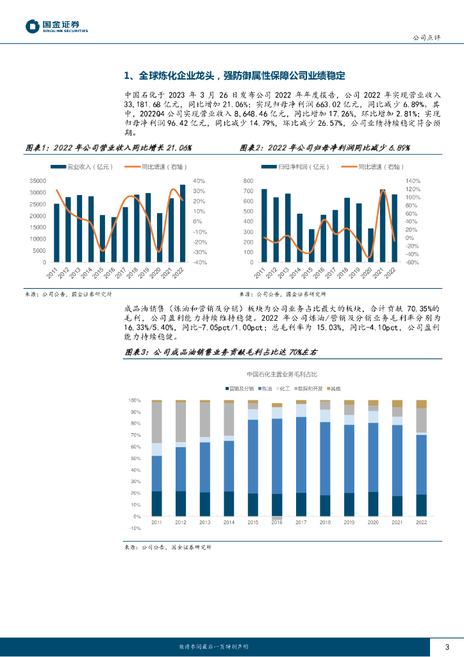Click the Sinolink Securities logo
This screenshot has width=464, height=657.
click(x=56, y=26)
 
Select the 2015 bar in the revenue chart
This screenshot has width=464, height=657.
click(x=102, y=239)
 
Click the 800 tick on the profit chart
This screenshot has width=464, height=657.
click(x=250, y=181)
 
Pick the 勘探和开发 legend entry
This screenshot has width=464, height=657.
click(x=310, y=389)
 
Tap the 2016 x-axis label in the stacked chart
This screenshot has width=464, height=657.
click(x=277, y=523)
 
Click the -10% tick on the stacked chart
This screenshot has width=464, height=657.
click(x=135, y=528)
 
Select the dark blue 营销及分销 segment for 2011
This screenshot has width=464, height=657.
click(x=156, y=504)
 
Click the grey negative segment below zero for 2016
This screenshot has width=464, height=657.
click(x=277, y=518)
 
